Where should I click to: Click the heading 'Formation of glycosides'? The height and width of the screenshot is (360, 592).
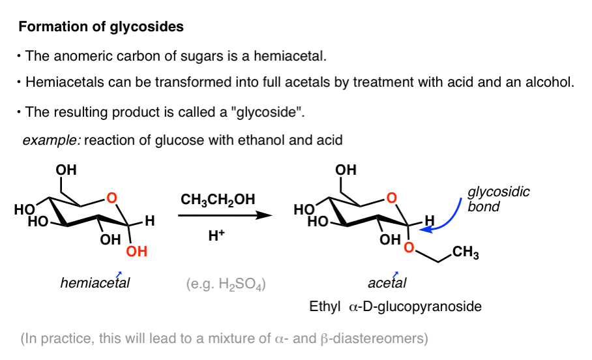(101, 27)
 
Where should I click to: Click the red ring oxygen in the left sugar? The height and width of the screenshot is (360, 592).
(112, 197)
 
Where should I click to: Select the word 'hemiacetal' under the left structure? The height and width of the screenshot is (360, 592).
(94, 283)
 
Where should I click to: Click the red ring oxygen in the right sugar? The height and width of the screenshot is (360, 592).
(390, 197)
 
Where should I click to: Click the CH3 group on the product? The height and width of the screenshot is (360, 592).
(465, 254)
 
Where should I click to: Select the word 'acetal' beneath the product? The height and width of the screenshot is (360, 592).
(387, 283)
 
